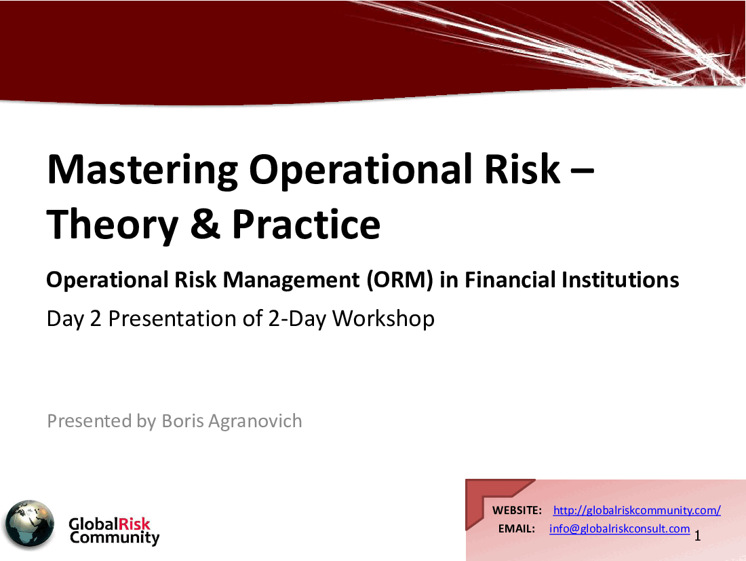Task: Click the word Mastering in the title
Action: point(142,170)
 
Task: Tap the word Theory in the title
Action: point(113,225)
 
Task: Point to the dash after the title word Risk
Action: point(582,170)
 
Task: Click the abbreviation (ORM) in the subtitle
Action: point(399,280)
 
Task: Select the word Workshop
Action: point(383,319)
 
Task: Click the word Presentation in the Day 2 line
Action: point(172,319)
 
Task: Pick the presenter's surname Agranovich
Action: point(255,422)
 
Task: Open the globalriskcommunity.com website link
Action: point(637,511)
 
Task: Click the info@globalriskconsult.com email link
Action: point(619,528)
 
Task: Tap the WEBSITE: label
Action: point(517,511)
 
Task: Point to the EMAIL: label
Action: point(517,529)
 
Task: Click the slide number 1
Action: point(697,536)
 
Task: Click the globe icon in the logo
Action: point(29,524)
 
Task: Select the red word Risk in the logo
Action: point(134,524)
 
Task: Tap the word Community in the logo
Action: point(115,538)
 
